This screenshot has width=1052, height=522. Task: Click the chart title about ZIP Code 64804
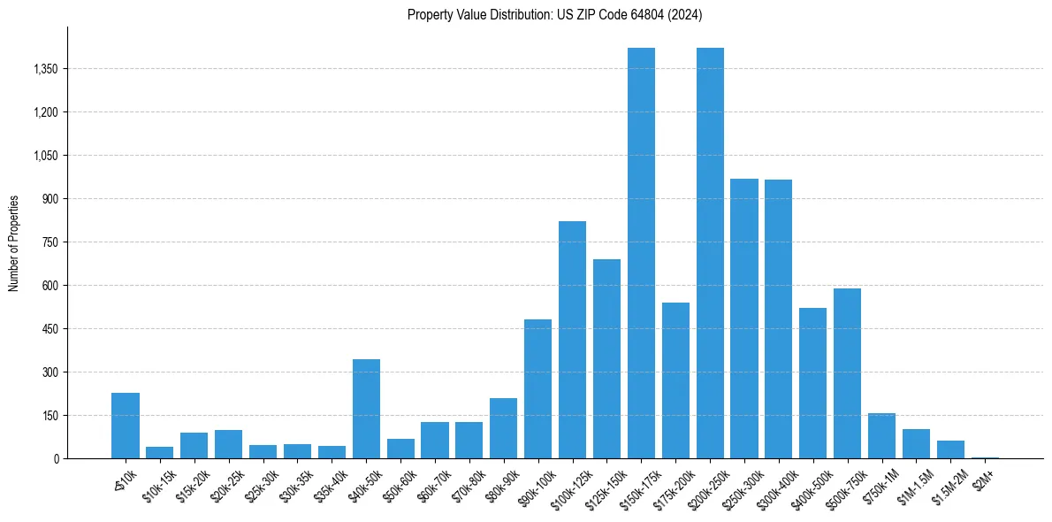(554, 14)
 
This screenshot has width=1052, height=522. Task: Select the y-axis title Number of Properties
(14, 242)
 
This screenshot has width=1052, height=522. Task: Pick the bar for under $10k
(126, 426)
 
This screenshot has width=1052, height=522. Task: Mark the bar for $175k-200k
(675, 380)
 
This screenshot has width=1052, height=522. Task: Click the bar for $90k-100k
(537, 389)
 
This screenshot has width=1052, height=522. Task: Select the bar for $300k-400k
(778, 319)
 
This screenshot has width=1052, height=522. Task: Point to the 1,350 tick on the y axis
(45, 69)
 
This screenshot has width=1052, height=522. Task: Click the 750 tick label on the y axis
(50, 242)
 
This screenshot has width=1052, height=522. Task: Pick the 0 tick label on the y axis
(55, 459)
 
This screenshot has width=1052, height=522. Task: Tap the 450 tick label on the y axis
(50, 329)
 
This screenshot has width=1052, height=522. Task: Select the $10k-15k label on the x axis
(158, 485)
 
